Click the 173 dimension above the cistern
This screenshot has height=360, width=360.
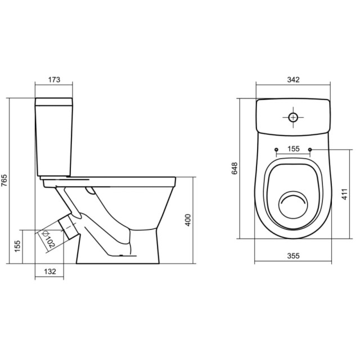pyautogui.click(x=54, y=79)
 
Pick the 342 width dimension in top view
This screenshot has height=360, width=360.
pyautogui.click(x=292, y=79)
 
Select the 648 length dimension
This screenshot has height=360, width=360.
pyautogui.click(x=235, y=169)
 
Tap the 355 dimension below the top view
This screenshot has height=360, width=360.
pyautogui.click(x=292, y=256)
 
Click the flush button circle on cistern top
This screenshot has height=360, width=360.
pyautogui.click(x=293, y=118)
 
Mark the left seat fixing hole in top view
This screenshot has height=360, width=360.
pyautogui.click(x=276, y=150)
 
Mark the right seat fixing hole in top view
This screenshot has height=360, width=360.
pyautogui.click(x=310, y=150)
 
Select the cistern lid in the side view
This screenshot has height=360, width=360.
pyautogui.click(x=55, y=102)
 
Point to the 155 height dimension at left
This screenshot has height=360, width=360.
pyautogui.click(x=17, y=246)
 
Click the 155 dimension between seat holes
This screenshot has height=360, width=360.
pyautogui.click(x=293, y=149)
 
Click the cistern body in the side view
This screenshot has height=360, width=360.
pyautogui.click(x=55, y=141)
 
